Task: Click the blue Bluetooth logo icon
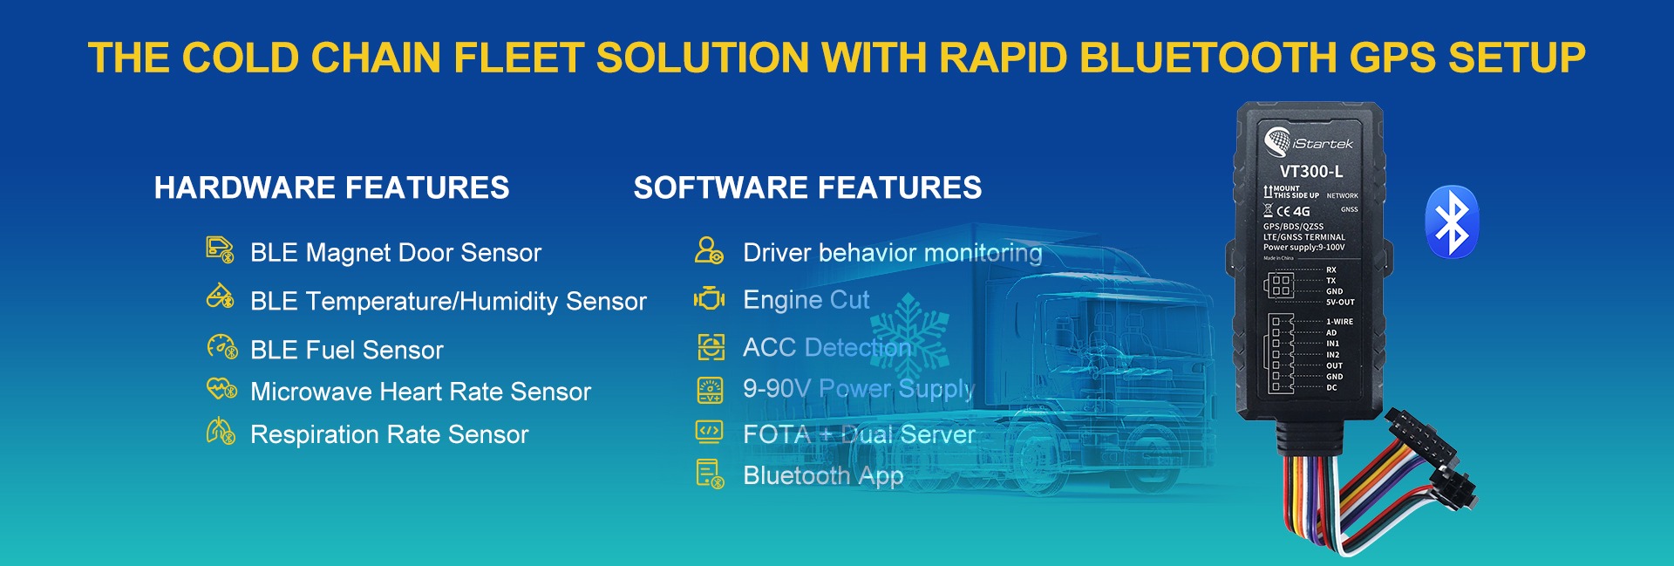[x=1451, y=222]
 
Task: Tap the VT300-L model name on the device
[x=1310, y=172]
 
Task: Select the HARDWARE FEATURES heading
[x=331, y=188]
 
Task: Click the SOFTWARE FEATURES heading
[x=807, y=188]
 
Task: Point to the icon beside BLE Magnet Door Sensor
[x=220, y=250]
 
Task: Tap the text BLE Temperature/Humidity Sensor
[x=448, y=301]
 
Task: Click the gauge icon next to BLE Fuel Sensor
[x=221, y=348]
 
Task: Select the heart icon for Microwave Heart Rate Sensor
[x=221, y=389]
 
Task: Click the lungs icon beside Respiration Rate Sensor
[x=221, y=432]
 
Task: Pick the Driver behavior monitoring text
[x=892, y=253]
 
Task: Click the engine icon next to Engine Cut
[x=710, y=298]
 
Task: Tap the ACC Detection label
[x=826, y=347]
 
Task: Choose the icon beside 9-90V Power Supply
[x=710, y=390]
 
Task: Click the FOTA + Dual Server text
[x=859, y=434]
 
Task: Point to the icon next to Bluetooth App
[x=710, y=474]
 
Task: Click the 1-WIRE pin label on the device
[x=1339, y=322]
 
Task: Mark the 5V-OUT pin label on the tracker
[x=1340, y=303]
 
